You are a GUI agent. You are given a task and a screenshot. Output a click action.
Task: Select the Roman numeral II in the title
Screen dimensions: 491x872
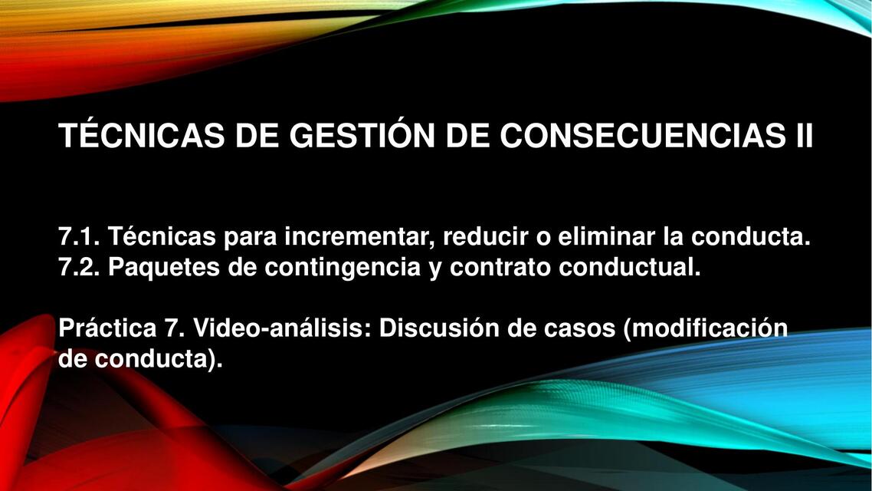[798, 137]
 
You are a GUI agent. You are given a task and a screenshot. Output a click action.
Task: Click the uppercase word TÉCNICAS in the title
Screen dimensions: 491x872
[141, 137]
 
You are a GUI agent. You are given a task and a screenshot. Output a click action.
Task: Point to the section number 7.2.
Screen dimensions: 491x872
[79, 268]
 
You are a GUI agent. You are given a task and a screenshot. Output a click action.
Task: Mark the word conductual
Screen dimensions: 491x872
[631, 268]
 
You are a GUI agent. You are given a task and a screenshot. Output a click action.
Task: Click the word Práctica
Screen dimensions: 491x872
[107, 328]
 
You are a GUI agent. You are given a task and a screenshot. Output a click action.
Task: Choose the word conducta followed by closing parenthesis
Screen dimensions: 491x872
[157, 358]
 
